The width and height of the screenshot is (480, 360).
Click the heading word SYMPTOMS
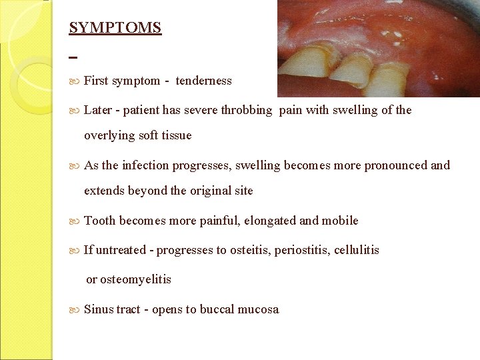[115, 28]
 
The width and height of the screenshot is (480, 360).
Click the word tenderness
[203, 81]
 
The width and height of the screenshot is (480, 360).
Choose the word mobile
[340, 221]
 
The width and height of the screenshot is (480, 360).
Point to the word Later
[98, 110]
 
